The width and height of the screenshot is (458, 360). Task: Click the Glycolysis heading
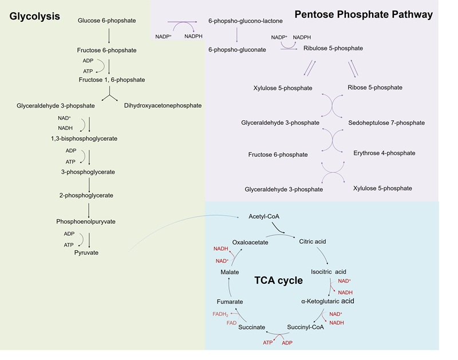[35, 16]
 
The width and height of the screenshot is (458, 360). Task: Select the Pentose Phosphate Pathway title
[363, 14]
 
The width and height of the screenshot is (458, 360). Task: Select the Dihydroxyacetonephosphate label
[163, 105]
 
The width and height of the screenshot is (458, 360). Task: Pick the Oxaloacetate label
[250, 242]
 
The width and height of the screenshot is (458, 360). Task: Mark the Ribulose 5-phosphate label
[333, 49]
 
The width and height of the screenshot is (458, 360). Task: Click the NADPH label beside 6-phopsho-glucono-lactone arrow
[193, 36]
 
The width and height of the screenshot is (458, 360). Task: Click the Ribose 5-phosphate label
[374, 88]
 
